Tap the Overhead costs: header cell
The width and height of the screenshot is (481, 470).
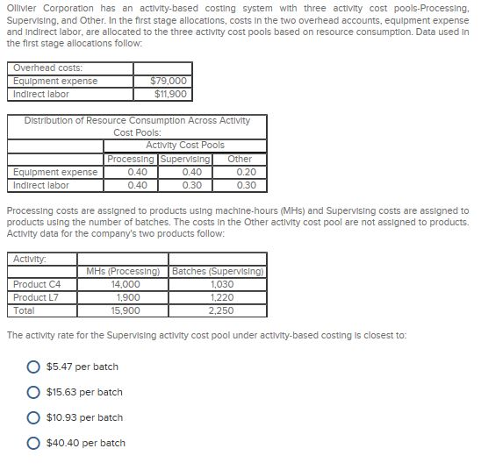(x=47, y=68)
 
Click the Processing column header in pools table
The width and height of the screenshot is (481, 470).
(x=130, y=159)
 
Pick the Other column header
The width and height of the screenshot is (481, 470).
(x=239, y=159)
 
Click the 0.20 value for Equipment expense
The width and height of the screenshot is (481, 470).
(x=246, y=172)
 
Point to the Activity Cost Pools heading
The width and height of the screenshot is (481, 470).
(x=184, y=146)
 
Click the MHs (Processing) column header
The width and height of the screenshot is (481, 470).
(x=125, y=271)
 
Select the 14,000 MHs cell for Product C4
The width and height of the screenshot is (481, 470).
(x=125, y=284)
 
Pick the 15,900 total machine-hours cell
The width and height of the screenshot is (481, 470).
(x=125, y=310)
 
